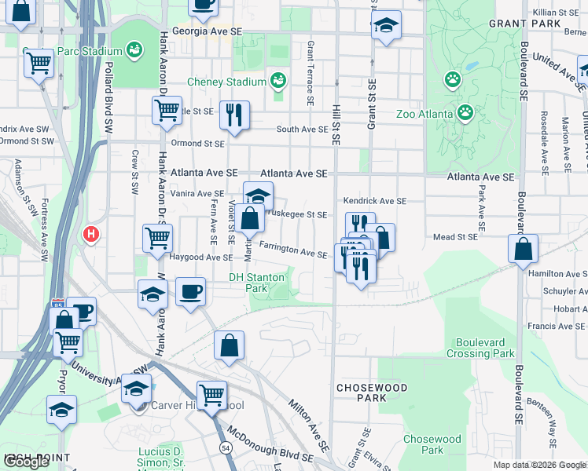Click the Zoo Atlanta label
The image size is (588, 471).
tap(424, 114)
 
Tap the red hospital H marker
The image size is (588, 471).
tap(91, 234)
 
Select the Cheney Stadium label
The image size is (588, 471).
tap(226, 82)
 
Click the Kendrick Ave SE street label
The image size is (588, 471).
tap(374, 202)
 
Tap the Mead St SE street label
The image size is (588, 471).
tap(456, 236)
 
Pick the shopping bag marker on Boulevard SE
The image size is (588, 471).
tap(523, 250)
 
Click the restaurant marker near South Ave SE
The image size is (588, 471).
tap(233, 115)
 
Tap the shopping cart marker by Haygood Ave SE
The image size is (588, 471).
tap(157, 238)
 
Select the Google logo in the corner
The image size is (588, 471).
tap(26, 462)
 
